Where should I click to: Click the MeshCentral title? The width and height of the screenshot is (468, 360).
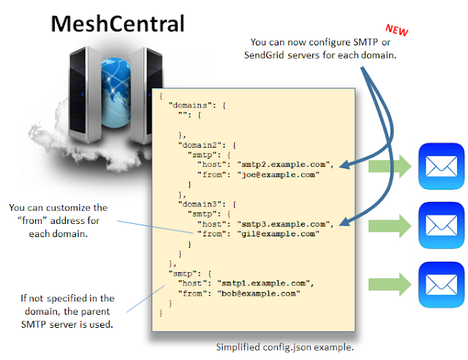click(118, 23)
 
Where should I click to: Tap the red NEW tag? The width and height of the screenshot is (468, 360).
click(396, 30)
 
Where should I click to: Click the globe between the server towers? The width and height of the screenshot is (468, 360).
click(116, 92)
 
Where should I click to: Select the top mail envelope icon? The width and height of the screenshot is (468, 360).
click(441, 166)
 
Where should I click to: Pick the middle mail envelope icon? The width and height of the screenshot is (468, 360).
click(441, 225)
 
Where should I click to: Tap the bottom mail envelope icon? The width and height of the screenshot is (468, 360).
click(441, 285)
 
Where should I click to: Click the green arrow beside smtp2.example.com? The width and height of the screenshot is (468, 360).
click(390, 166)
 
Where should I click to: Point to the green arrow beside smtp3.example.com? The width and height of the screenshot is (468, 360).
click(390, 225)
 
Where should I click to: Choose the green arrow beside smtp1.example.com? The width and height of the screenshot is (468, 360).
click(390, 284)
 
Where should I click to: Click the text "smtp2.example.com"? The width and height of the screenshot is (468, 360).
click(283, 165)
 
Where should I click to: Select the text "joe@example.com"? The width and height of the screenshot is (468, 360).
click(278, 174)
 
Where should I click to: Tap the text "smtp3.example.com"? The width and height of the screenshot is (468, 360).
click(283, 224)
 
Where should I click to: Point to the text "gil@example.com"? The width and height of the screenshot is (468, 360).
click(278, 233)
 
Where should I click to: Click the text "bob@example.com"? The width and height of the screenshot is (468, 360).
click(258, 293)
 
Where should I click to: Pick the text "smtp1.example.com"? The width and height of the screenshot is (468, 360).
click(263, 283)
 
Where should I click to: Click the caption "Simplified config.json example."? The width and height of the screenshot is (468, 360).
click(284, 347)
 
